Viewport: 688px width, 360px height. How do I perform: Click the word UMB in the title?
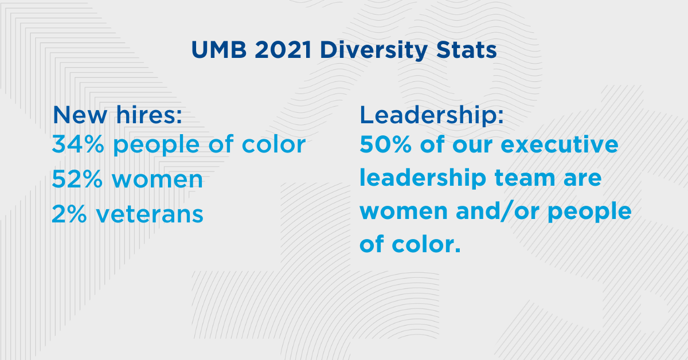click(218, 50)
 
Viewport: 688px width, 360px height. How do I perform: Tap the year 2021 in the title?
click(283, 50)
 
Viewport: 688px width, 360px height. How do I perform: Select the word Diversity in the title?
click(373, 50)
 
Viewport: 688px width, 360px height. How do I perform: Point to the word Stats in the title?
click(466, 50)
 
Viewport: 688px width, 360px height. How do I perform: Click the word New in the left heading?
click(80, 115)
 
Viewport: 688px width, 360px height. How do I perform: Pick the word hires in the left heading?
click(149, 114)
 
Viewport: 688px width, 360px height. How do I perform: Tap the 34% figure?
click(78, 144)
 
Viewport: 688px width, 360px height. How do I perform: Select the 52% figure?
click(77, 179)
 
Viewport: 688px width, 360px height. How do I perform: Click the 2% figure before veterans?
click(69, 214)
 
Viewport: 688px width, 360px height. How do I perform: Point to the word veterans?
click(149, 214)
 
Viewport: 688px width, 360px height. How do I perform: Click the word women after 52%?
click(157, 180)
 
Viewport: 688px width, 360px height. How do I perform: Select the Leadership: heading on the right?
click(432, 115)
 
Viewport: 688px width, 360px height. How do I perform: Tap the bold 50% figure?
click(385, 144)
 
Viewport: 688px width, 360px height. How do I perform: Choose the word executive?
click(560, 144)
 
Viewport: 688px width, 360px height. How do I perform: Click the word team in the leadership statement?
click(525, 178)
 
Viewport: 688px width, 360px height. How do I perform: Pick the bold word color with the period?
click(426, 244)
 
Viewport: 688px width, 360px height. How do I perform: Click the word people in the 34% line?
click(157, 145)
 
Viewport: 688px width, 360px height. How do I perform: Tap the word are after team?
click(583, 179)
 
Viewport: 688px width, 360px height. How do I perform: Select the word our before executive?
click(472, 146)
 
